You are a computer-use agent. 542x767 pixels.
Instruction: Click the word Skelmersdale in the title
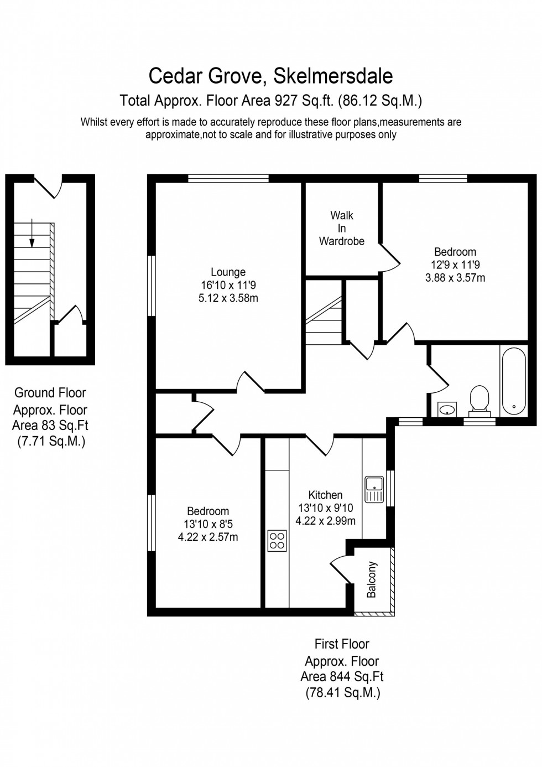[x=333, y=76]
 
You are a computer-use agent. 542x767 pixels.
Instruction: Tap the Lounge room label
[x=228, y=272]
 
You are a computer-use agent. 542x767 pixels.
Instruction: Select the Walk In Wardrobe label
[x=342, y=228]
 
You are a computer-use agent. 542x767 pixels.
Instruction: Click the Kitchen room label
[x=325, y=495]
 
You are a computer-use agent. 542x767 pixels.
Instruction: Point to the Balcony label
[x=372, y=579]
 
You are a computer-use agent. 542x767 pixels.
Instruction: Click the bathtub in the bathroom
[x=513, y=381]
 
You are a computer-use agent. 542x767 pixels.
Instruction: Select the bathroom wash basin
[x=447, y=410]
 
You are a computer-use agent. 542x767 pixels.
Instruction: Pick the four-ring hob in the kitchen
[x=277, y=541]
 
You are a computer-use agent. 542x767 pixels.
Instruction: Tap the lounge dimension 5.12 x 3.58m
[x=228, y=298]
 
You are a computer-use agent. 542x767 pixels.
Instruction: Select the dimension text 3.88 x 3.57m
[x=455, y=278]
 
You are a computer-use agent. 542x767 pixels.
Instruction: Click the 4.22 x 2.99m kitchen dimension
[x=325, y=521]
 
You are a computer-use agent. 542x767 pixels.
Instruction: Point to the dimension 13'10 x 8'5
[x=208, y=524]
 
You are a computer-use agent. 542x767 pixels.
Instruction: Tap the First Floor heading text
[x=342, y=644]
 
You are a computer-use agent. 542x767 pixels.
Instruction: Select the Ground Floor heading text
[x=50, y=393]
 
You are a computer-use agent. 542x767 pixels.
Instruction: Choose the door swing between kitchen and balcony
[x=341, y=570]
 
